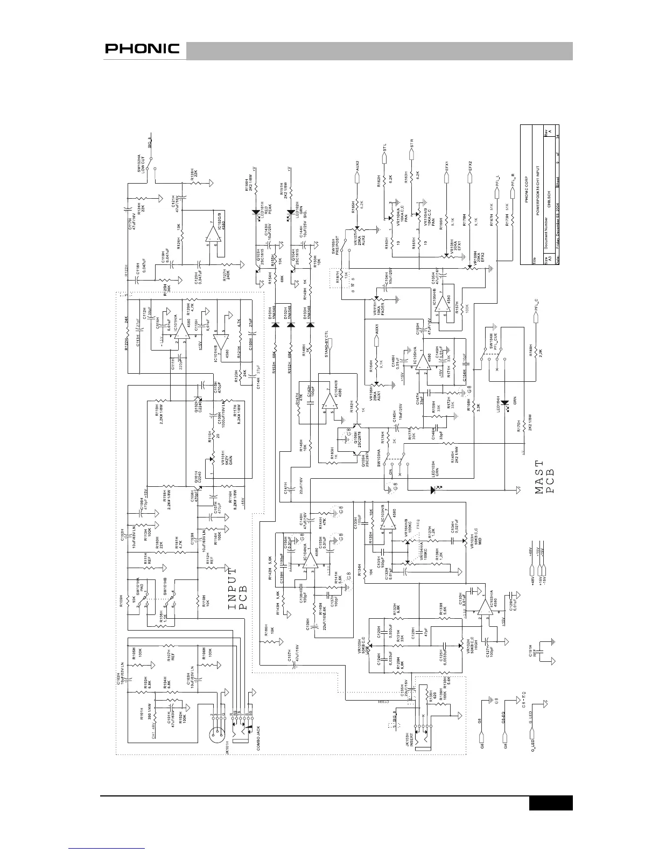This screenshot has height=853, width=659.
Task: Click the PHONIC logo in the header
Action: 142,49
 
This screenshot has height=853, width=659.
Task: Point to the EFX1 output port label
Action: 446,165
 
